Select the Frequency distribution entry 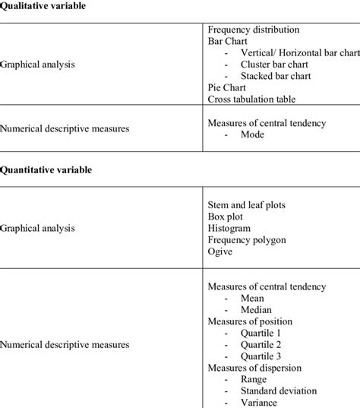(253, 30)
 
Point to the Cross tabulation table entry (251, 100)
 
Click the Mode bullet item (253, 134)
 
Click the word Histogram (229, 228)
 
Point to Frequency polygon (247, 239)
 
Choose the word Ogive (220, 251)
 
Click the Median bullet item (257, 310)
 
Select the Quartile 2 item (261, 345)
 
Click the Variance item (260, 402)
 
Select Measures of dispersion (254, 368)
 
